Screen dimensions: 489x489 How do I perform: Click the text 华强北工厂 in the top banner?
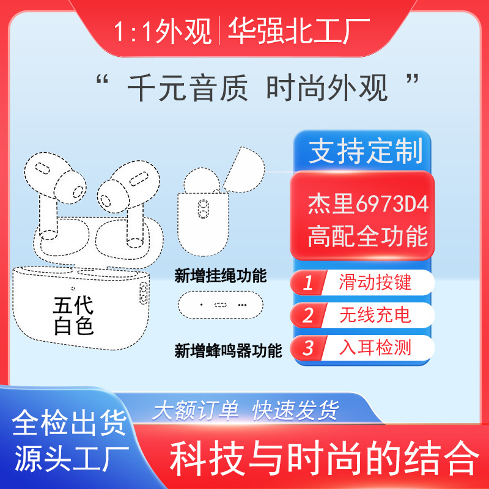point(299,31)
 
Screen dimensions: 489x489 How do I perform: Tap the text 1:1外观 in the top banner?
point(163,31)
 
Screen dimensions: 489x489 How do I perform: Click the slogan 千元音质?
point(188,88)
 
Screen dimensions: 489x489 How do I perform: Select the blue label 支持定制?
point(365,151)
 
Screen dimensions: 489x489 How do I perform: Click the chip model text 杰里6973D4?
point(368,204)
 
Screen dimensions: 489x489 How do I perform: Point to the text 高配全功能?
point(367,236)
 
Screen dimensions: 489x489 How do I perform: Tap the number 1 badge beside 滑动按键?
point(308,282)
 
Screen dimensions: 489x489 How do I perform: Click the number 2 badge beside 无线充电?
point(308,315)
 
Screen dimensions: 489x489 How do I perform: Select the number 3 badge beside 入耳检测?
point(308,348)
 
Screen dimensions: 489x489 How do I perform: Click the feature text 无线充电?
point(375,315)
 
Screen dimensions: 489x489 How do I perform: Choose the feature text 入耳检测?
point(375,347)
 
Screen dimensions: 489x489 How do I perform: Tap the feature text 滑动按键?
point(375,282)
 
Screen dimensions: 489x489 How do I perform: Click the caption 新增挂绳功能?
point(221,276)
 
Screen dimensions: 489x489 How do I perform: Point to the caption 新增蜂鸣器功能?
point(228,350)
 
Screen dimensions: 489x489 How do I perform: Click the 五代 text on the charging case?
point(73,305)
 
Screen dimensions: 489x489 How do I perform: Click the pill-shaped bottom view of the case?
point(221,305)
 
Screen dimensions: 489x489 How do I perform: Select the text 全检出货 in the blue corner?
point(69,423)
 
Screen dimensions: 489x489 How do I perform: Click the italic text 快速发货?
point(295,410)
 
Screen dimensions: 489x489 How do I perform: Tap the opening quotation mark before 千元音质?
point(102,80)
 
